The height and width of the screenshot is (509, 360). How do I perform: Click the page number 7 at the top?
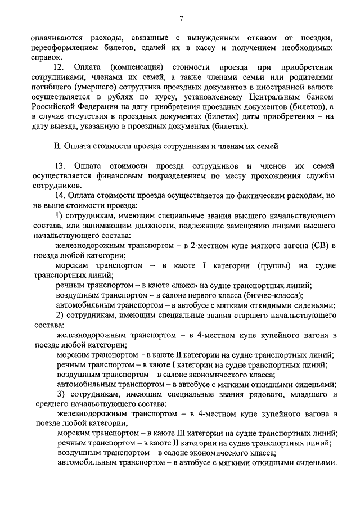[x=181, y=19]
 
